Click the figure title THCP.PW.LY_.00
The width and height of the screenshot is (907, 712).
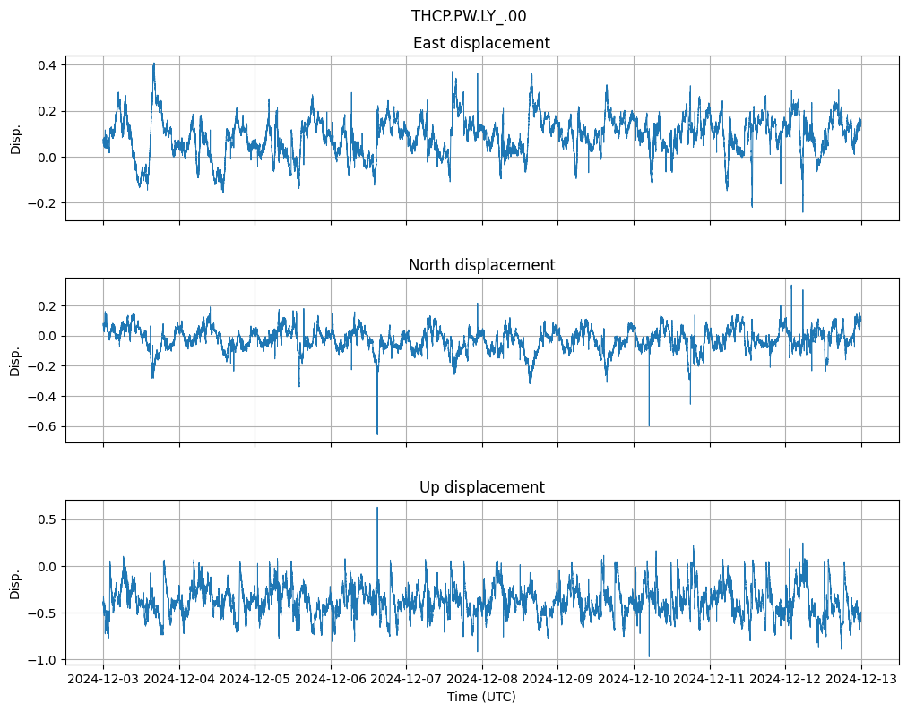point(468,16)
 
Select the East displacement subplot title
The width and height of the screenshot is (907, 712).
point(481,43)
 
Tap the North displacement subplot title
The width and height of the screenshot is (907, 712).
point(481,265)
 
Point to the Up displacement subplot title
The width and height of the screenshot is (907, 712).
point(481,487)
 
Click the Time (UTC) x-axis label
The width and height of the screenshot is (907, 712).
point(481,697)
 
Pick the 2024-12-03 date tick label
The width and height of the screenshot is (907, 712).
point(103,680)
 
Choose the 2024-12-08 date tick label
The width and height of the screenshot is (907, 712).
point(482,680)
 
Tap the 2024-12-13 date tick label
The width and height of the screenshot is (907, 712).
point(862,680)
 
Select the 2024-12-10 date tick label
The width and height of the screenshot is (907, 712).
point(634,680)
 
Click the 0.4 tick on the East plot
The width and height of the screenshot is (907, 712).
point(46,65)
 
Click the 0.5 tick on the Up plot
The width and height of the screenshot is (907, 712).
point(46,519)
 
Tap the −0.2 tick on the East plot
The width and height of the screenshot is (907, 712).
point(41,203)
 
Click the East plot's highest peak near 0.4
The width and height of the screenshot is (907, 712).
point(154,64)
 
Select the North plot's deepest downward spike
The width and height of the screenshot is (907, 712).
point(377,434)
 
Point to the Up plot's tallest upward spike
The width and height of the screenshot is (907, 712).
point(377,508)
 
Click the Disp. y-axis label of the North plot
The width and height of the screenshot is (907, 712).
point(15,360)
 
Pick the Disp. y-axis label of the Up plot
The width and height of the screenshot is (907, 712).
point(15,582)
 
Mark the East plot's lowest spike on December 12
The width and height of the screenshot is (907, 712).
point(803,211)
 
